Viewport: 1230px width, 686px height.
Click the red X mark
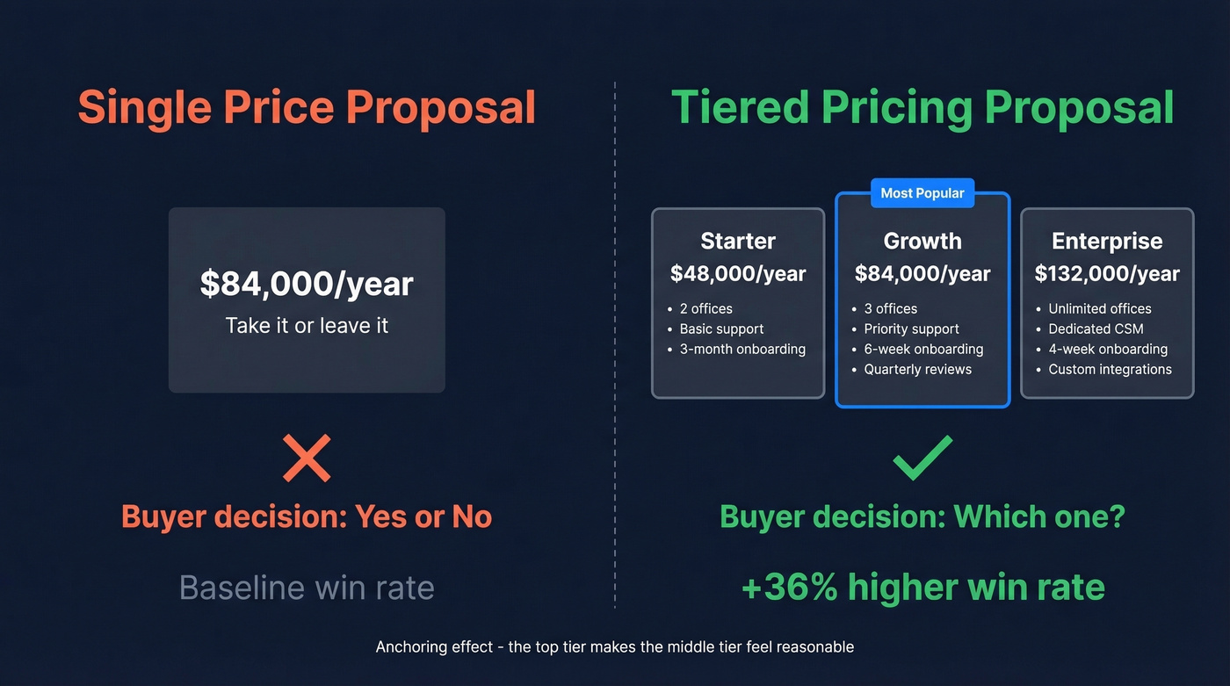(307, 458)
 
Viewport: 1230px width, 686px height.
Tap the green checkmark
(922, 457)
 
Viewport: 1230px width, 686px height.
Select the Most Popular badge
(922, 193)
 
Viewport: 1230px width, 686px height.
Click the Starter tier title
(738, 241)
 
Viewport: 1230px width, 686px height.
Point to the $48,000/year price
(738, 274)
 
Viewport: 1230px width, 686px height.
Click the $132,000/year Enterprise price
(1107, 274)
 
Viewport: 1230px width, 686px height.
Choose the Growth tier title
(922, 241)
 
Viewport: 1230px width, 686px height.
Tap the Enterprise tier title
(1107, 241)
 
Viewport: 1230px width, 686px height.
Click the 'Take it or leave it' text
(307, 326)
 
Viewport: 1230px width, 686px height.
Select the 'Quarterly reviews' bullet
(917, 370)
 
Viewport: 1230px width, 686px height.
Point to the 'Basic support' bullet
(721, 329)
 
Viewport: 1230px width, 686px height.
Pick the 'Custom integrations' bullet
(1110, 370)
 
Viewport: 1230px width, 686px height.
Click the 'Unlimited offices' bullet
(1099, 309)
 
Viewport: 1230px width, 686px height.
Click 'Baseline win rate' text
(307, 588)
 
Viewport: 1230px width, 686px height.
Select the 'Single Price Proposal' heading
(307, 108)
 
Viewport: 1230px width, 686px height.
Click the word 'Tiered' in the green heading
(741, 108)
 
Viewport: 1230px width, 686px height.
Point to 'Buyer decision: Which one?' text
(922, 516)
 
